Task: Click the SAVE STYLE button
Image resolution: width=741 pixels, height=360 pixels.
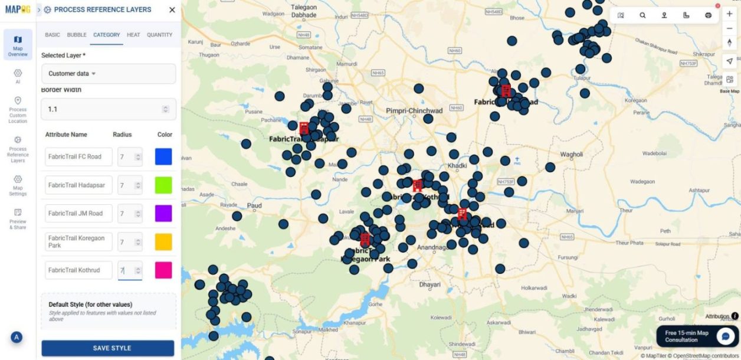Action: click(107, 348)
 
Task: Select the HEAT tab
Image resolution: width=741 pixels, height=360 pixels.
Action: click(133, 35)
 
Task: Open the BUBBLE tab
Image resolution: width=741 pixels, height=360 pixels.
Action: click(77, 35)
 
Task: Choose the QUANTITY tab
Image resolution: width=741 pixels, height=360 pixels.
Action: click(159, 35)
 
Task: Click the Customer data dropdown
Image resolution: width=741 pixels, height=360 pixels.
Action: click(109, 74)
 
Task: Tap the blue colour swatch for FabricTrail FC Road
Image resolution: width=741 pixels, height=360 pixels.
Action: click(163, 156)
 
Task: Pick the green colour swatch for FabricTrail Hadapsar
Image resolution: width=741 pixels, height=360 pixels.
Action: click(163, 185)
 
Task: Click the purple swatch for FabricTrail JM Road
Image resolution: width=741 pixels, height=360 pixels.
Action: click(163, 213)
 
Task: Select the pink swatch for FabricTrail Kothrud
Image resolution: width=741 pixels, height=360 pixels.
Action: click(163, 270)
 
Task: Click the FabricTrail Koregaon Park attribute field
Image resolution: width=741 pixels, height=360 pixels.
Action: click(78, 241)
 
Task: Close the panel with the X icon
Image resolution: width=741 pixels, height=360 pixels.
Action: click(172, 10)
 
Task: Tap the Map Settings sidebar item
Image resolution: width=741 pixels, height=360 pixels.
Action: click(18, 185)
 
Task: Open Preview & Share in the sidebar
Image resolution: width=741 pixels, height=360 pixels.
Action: click(18, 218)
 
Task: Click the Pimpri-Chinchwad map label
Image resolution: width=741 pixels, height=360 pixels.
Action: click(414, 111)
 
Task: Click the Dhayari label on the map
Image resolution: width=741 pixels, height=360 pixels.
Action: click(429, 284)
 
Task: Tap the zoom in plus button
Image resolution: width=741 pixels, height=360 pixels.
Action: click(730, 14)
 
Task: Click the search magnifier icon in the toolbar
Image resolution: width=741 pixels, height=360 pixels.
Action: click(642, 15)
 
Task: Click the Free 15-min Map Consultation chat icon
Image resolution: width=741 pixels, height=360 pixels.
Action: click(724, 336)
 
